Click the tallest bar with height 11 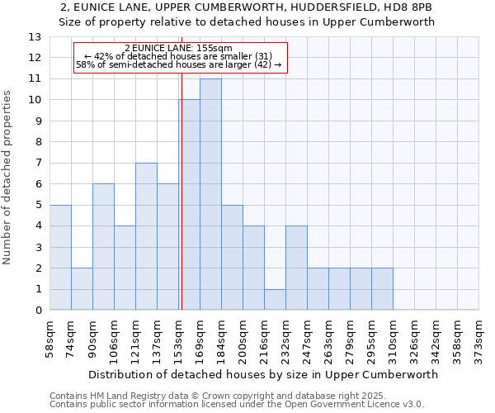tap(210, 194)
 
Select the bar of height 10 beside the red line tap(189, 205)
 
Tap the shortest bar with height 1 tap(275, 299)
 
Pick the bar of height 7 tap(146, 236)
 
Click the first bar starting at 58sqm tap(60, 257)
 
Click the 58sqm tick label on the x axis tap(50, 337)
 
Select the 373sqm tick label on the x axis tap(479, 337)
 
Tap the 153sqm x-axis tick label tap(179, 337)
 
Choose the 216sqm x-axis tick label tap(265, 337)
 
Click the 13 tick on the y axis tap(34, 37)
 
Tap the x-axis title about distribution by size tap(263, 374)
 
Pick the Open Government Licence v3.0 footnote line tap(237, 405)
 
